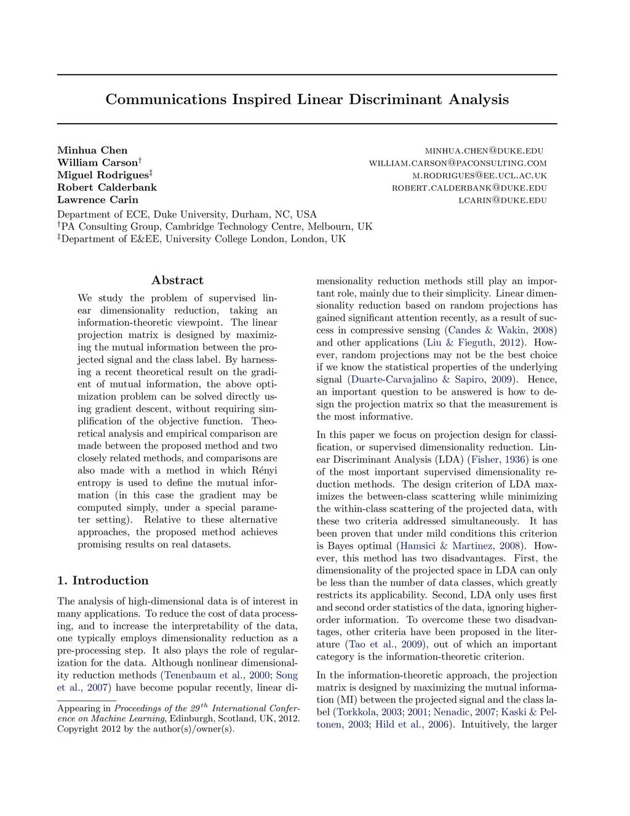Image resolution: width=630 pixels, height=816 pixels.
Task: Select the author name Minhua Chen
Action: [x=92, y=150]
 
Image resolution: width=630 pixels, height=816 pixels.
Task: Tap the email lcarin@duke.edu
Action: [x=503, y=200]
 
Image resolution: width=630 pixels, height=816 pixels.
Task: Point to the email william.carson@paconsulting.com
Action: [x=458, y=163]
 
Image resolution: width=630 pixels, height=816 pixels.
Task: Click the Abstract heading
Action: [x=177, y=280]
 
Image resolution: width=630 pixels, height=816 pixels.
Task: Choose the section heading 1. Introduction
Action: [x=103, y=580]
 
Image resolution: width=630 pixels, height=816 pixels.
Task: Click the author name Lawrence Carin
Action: [x=98, y=200]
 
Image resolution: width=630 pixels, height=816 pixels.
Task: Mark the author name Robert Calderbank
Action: [x=107, y=187]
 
